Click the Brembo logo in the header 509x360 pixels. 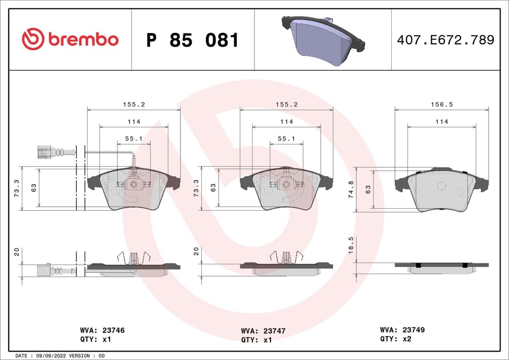coord(70,40)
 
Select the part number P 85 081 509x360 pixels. coord(192,41)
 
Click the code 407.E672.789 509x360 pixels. coord(445,40)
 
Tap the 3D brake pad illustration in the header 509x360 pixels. coord(323,41)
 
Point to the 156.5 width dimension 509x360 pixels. coord(442,105)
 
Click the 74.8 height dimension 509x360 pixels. coord(351,189)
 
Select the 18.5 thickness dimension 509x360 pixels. coord(351,245)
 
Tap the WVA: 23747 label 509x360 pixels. coord(263,331)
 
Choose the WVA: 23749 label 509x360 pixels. coord(402,330)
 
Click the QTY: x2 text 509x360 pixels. coord(396,339)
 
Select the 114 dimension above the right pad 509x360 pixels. coord(442,122)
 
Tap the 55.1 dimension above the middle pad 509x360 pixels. coord(286,139)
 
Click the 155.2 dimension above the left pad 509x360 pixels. coord(134,105)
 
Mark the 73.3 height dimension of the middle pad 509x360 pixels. coord(197,188)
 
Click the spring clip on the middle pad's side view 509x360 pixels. coord(286,257)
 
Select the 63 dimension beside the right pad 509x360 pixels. coord(368,189)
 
